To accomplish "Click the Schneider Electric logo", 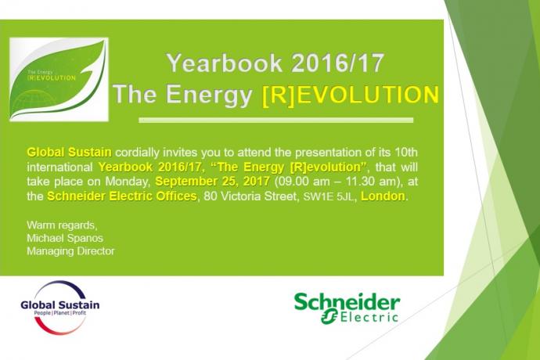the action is pyautogui.click(x=347, y=308).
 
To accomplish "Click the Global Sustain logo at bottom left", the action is pyautogui.click(x=60, y=308).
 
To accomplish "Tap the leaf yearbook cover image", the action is pyautogui.click(x=59, y=79).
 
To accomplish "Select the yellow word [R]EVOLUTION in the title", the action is pyautogui.click(x=351, y=95).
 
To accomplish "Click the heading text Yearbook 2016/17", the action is pyautogui.click(x=275, y=63).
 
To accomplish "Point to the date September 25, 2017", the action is pyautogui.click(x=212, y=182).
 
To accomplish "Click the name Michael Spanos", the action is pyautogui.click(x=65, y=238).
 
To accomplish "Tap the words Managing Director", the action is pyautogui.click(x=70, y=251).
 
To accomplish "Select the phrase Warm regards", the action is pyautogui.click(x=61, y=225).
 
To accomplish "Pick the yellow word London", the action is pyautogui.click(x=383, y=196).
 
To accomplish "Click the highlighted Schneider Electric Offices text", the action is pyautogui.click(x=122, y=196).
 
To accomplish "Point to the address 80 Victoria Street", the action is pyautogui.click(x=250, y=196).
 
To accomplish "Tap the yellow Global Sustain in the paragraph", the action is pyautogui.click(x=69, y=152).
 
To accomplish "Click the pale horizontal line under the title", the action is pyautogui.click(x=275, y=121).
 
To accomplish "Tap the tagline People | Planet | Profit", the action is pyautogui.click(x=60, y=313).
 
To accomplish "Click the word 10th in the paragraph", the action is pyautogui.click(x=406, y=152).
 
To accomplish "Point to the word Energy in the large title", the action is pyautogui.click(x=209, y=95).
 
